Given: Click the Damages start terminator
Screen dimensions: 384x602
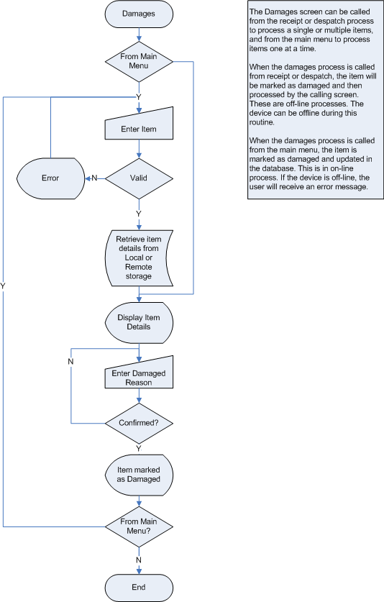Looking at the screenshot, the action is [x=139, y=14].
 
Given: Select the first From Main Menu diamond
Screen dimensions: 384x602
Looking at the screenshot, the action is [x=139, y=61].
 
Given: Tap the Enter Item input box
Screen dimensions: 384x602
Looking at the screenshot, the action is [x=139, y=124].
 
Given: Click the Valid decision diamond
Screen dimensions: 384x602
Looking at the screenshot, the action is [x=139, y=178].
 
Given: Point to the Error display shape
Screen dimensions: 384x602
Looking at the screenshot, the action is [x=50, y=178].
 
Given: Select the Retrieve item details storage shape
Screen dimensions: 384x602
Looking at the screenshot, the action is [x=139, y=258].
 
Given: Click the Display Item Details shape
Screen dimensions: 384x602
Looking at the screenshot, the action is [x=139, y=322].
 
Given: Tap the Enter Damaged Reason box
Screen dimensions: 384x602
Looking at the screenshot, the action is [x=139, y=373].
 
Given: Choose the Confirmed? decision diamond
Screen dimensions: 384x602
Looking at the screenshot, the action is [x=139, y=423].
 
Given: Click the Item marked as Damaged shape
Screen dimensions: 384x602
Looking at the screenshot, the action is [x=139, y=475].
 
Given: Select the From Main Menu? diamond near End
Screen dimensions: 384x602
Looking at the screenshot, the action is [x=139, y=526].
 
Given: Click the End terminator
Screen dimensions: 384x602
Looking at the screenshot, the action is [x=139, y=588].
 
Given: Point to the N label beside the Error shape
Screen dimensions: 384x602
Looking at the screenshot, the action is [x=94, y=178].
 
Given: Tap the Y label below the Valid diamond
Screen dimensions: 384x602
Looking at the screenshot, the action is [x=139, y=214].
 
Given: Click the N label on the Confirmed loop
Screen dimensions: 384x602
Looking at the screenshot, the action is [x=70, y=362].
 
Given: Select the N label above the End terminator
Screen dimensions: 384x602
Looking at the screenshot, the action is [x=139, y=560].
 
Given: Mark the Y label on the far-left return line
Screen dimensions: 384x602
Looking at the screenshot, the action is [x=3, y=286].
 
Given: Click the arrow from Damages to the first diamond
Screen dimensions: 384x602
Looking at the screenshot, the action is [x=139, y=35].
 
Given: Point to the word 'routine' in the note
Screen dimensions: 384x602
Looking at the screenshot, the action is [x=261, y=122].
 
